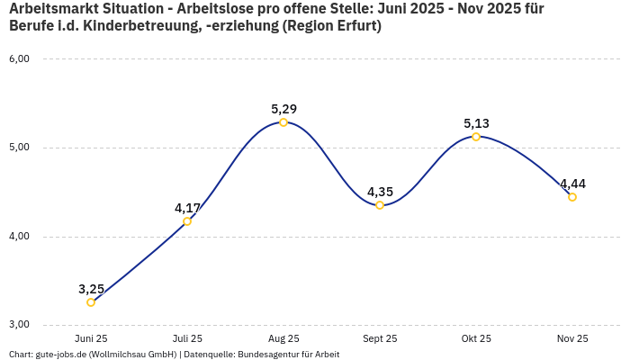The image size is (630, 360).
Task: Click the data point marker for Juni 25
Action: [x=91, y=302]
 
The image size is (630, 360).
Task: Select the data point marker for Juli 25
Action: [x=187, y=221]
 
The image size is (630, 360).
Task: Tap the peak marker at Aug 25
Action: [x=283, y=122]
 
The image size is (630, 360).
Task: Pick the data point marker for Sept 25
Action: [x=380, y=205]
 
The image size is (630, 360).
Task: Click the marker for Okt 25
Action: [x=476, y=137]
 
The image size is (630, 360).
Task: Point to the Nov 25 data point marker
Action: [x=572, y=197]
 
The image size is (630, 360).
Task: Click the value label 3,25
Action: [x=91, y=289]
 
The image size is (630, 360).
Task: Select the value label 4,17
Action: [x=187, y=208]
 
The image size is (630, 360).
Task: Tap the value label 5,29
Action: [x=283, y=109]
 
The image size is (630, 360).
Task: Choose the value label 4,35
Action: [x=380, y=192]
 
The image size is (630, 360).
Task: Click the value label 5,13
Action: [x=476, y=123]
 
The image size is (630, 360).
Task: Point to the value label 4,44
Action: [x=572, y=184]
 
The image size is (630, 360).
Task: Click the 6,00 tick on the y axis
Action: [x=19, y=59]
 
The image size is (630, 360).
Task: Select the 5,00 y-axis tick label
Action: [x=19, y=148]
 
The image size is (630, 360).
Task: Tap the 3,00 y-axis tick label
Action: [x=19, y=324]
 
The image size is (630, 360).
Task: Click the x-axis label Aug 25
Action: [x=283, y=338]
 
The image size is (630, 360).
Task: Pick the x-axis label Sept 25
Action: [x=380, y=338]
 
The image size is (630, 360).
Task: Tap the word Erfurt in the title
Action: [x=353, y=26]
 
